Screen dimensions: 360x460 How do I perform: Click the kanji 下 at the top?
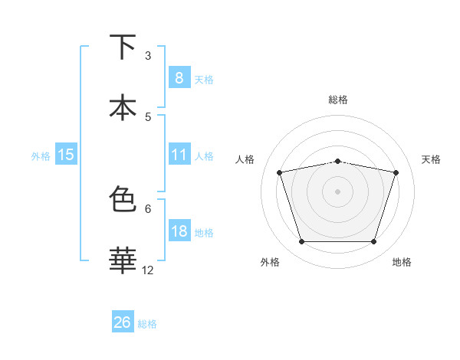click(x=123, y=47)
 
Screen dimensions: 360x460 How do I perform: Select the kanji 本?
click(x=123, y=106)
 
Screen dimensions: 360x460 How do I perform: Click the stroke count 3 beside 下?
click(x=148, y=55)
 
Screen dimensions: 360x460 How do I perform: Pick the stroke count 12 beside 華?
click(x=148, y=270)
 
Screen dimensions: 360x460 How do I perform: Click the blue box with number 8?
click(x=179, y=78)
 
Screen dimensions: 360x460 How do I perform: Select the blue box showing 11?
click(x=179, y=155)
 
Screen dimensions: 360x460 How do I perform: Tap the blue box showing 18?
click(x=179, y=231)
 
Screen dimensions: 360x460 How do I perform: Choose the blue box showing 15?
click(x=66, y=155)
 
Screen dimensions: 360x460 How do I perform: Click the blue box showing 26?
click(x=123, y=322)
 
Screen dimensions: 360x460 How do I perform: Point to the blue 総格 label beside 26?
click(x=147, y=324)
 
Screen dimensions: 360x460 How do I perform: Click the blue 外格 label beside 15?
click(x=41, y=156)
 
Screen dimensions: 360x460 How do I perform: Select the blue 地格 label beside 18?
click(x=204, y=233)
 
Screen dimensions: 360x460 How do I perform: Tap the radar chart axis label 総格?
click(x=337, y=100)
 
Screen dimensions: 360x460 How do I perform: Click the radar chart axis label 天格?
click(x=432, y=159)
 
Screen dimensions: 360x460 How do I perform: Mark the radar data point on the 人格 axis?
click(x=279, y=172)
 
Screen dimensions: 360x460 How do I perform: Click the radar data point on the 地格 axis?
click(x=373, y=242)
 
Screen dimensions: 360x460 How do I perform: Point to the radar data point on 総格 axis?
click(x=337, y=161)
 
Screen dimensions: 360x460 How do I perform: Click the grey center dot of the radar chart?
click(x=337, y=191)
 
